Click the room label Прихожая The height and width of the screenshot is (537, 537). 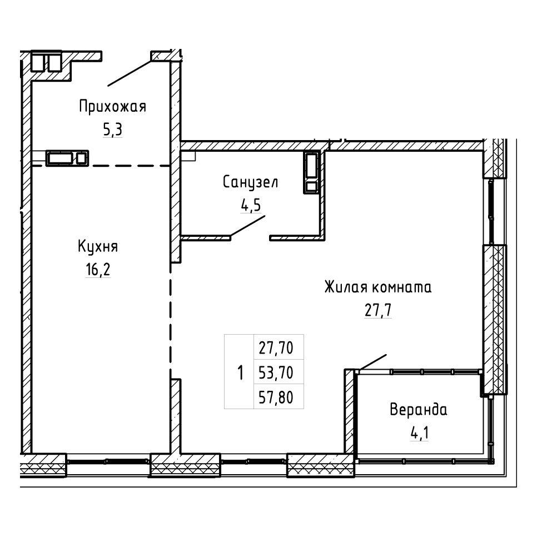(113, 107)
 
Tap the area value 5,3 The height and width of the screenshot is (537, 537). (113, 130)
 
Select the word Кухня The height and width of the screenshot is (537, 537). (98, 247)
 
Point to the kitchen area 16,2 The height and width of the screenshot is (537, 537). (98, 270)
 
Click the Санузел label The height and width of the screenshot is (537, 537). (250, 182)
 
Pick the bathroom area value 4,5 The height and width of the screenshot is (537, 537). (251, 205)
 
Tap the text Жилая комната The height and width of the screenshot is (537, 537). (378, 287)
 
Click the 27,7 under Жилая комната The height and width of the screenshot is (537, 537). (378, 310)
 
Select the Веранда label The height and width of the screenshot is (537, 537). (419, 410)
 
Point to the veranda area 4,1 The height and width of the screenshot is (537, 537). (419, 433)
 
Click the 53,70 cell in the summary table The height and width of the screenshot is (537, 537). (276, 372)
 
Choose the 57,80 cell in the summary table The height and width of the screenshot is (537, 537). (276, 397)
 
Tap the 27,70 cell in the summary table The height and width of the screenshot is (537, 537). (276, 348)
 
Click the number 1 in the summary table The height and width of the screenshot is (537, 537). (240, 372)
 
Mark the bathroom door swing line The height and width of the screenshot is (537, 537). (247, 226)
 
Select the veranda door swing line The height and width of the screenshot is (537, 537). (372, 362)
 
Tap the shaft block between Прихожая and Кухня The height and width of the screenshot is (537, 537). (67, 158)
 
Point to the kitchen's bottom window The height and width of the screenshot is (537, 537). (108, 461)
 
